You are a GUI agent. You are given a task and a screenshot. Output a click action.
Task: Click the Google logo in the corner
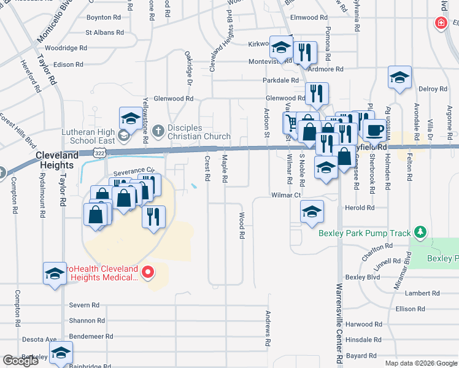coord(20,361)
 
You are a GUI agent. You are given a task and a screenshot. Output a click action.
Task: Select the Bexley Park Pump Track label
coord(365,233)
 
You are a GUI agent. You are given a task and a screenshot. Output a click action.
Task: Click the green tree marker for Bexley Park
coord(420,232)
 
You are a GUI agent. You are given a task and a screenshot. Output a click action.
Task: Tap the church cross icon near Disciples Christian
coord(158,131)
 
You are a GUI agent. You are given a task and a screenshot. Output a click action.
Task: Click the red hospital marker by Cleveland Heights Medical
coord(147,272)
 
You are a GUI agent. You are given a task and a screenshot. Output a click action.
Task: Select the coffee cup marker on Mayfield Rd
coord(375,130)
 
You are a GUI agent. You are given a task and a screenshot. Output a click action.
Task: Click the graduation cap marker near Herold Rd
coord(312,212)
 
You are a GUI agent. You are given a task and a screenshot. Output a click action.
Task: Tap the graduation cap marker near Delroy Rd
coord(399,78)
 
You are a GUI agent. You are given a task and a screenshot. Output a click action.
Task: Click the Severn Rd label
coord(84,305)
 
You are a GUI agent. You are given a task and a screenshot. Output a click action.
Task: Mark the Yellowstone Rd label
coord(146,120)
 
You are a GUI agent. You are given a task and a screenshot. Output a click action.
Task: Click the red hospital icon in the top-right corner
coord(440,24)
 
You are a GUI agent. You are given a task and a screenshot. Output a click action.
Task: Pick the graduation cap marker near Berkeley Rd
coord(61,353)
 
